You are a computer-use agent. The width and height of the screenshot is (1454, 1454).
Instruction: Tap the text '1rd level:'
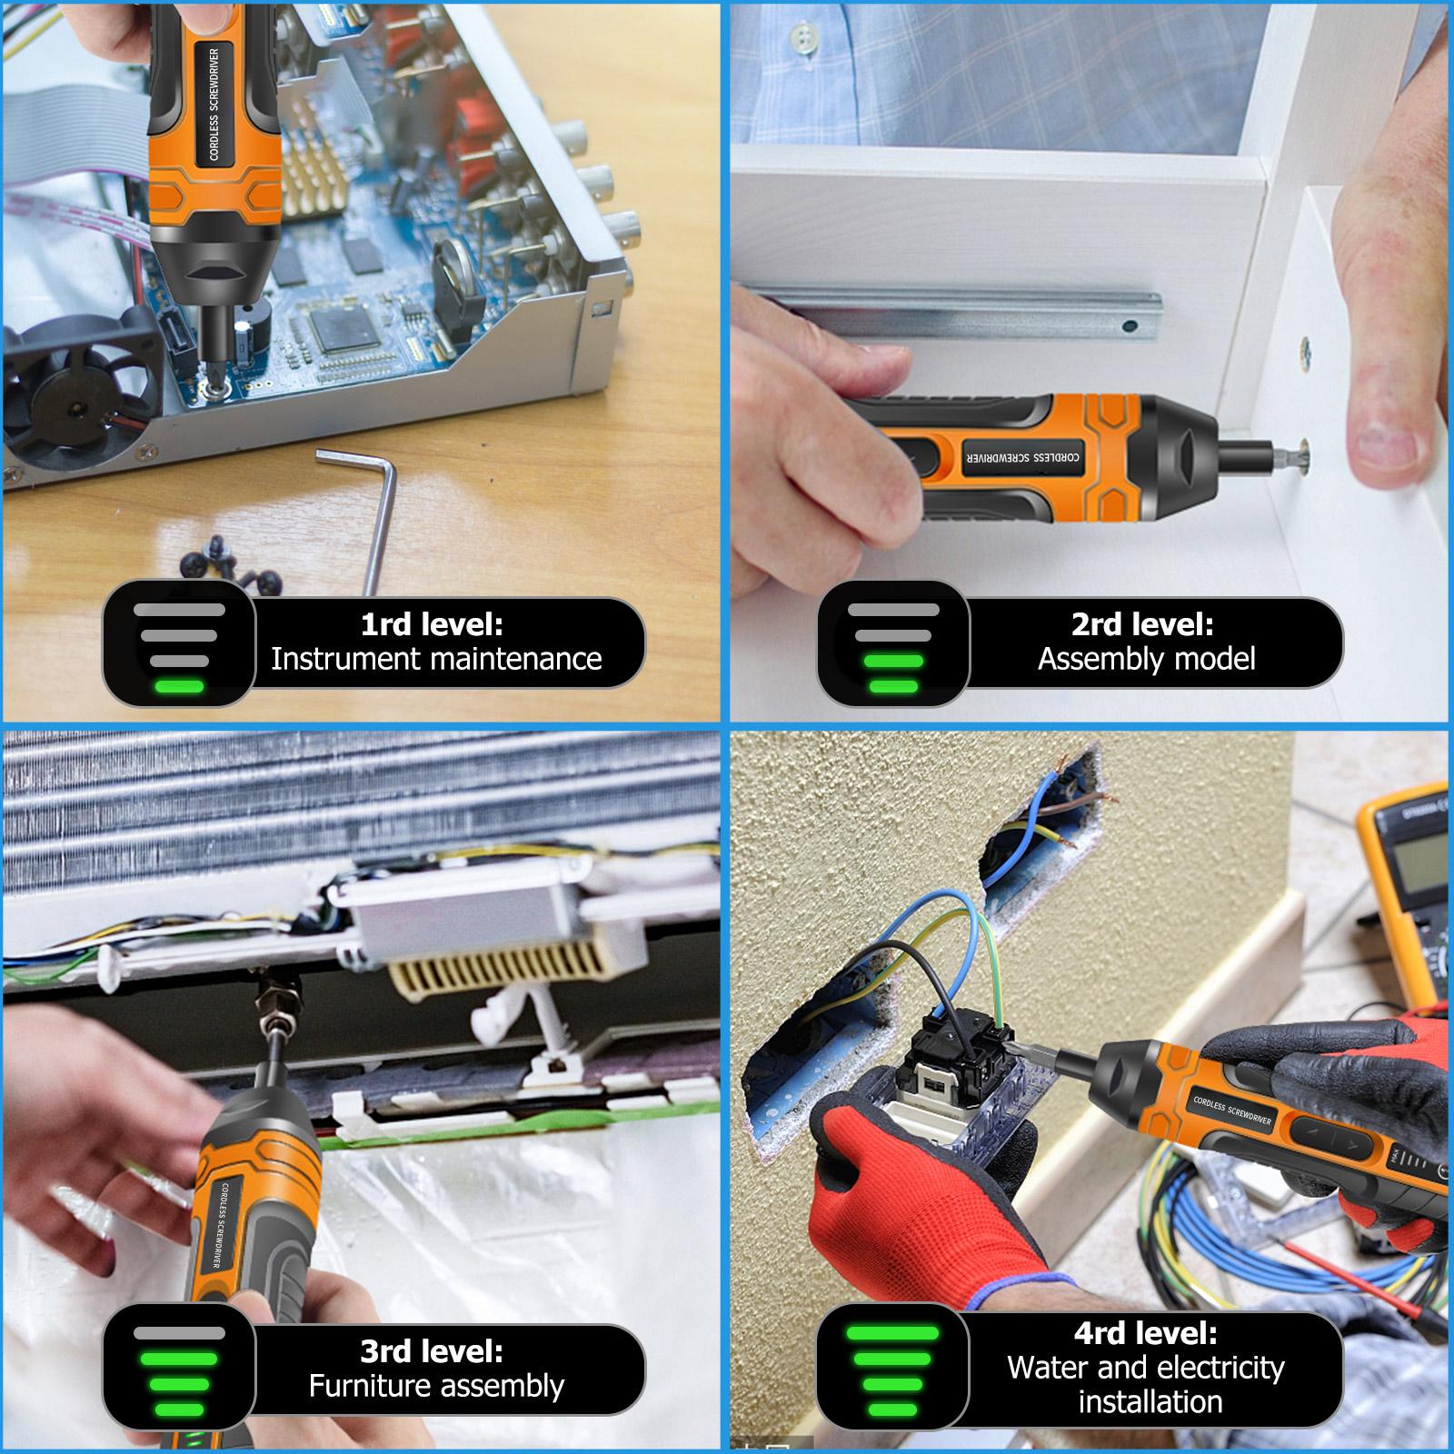tap(432, 624)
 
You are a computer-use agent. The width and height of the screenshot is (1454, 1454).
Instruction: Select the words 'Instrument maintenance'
tap(436, 659)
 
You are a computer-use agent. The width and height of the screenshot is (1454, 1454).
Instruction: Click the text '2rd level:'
tap(1142, 624)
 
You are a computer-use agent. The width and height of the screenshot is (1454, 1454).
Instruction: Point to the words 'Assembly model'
tap(1146, 659)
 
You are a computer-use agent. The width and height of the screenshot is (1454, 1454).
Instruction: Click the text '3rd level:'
tap(432, 1351)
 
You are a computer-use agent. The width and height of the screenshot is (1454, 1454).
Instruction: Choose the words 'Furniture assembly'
tap(436, 1386)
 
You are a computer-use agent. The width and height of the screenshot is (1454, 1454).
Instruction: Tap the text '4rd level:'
tap(1145, 1333)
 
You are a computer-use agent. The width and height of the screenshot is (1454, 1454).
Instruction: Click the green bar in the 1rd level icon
tap(179, 686)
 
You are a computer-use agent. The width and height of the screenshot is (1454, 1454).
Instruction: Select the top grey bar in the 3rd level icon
tap(179, 1333)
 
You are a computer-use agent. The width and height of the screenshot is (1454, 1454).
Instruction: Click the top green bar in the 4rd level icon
tap(892, 1333)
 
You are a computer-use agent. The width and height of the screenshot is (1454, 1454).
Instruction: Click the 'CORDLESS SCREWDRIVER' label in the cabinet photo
tap(1022, 453)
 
